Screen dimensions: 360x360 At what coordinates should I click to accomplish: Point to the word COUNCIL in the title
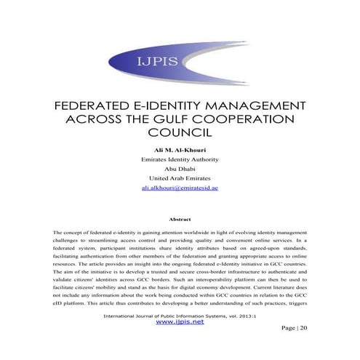pyautogui.click(x=179, y=133)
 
